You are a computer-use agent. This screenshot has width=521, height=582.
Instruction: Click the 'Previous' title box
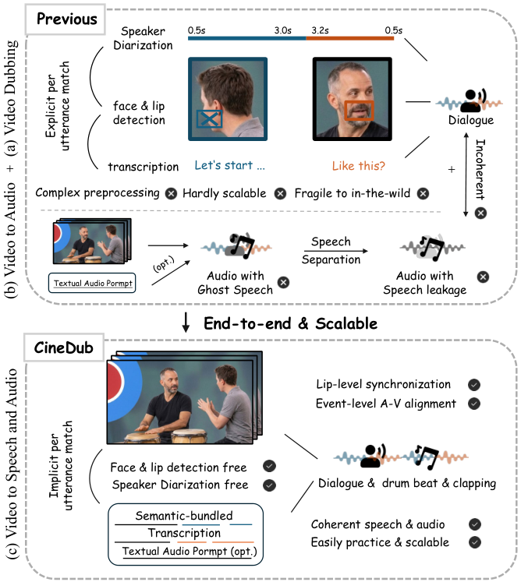[66, 19]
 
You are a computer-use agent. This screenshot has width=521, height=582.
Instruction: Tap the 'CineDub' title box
[64, 347]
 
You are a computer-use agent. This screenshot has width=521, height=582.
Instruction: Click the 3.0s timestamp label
[283, 30]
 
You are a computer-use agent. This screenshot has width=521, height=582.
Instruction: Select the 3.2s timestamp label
[320, 30]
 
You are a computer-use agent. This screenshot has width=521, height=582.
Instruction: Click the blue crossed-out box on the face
[209, 118]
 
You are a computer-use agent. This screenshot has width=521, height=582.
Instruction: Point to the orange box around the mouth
[359, 110]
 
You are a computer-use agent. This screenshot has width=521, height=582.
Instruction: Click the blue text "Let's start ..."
[229, 165]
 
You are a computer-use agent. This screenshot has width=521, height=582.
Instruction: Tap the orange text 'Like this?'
[359, 165]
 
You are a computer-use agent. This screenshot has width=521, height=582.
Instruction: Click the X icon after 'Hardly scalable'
[280, 193]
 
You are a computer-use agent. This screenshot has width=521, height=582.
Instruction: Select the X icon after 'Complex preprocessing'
[171, 193]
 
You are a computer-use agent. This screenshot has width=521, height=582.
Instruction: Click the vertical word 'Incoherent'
[480, 169]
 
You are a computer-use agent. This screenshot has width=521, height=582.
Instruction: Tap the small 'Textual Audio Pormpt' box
[92, 283]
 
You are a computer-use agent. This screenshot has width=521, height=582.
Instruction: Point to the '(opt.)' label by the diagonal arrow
[164, 264]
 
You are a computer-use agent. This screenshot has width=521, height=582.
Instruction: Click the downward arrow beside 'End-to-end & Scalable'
[186, 323]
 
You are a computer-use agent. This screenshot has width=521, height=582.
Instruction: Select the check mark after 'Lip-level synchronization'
[473, 385]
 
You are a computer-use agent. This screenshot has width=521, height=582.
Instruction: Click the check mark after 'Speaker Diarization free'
[269, 485]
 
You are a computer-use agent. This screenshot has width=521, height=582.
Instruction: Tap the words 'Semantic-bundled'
[184, 516]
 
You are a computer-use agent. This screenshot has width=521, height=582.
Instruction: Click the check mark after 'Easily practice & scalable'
[474, 542]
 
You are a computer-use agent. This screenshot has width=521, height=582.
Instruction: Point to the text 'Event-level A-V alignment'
[386, 404]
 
